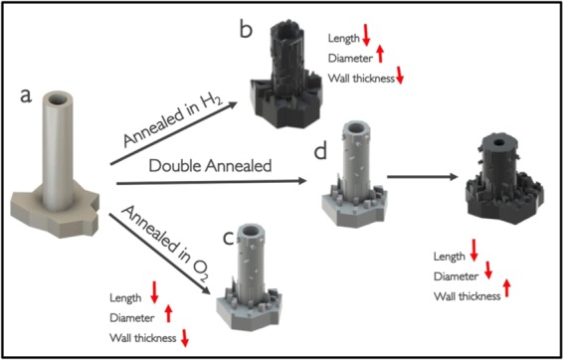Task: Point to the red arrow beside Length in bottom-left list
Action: coord(154,294)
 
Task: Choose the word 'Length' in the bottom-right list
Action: coord(450,255)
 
